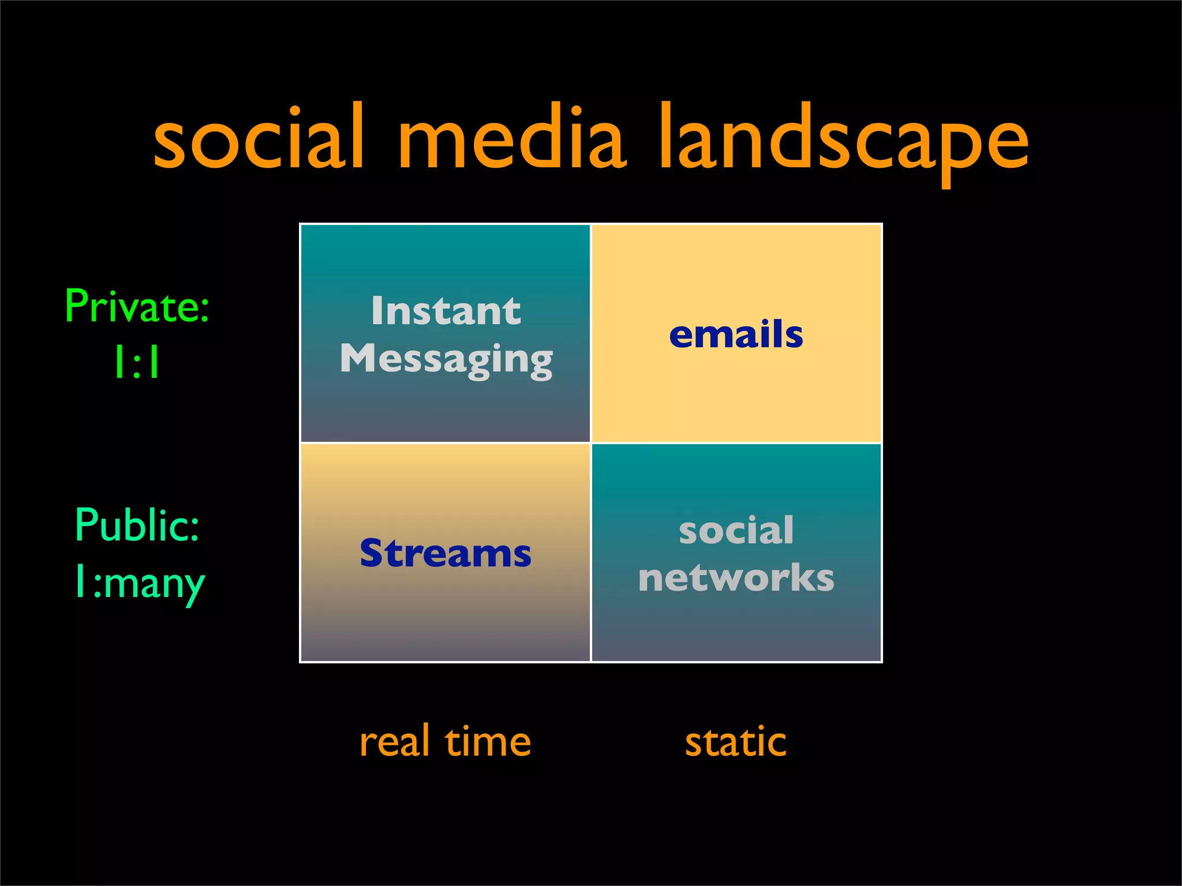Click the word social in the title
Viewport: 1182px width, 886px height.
[x=259, y=138]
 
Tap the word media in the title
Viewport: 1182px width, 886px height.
[x=511, y=138]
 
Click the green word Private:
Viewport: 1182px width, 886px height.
[x=137, y=306]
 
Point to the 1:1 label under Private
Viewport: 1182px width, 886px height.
[x=137, y=362]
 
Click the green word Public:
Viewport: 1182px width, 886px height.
[x=137, y=525]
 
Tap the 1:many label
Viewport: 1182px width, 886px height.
[x=139, y=583]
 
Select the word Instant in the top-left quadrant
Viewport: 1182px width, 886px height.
[x=446, y=311]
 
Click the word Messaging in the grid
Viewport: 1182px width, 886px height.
[x=446, y=359]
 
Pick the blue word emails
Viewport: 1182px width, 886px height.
[x=736, y=335]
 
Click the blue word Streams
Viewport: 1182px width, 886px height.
[x=446, y=553]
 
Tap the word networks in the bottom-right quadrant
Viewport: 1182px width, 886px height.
[x=736, y=578]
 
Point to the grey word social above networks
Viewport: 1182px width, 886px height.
[x=736, y=530]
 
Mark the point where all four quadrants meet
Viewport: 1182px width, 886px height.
[x=591, y=443]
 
